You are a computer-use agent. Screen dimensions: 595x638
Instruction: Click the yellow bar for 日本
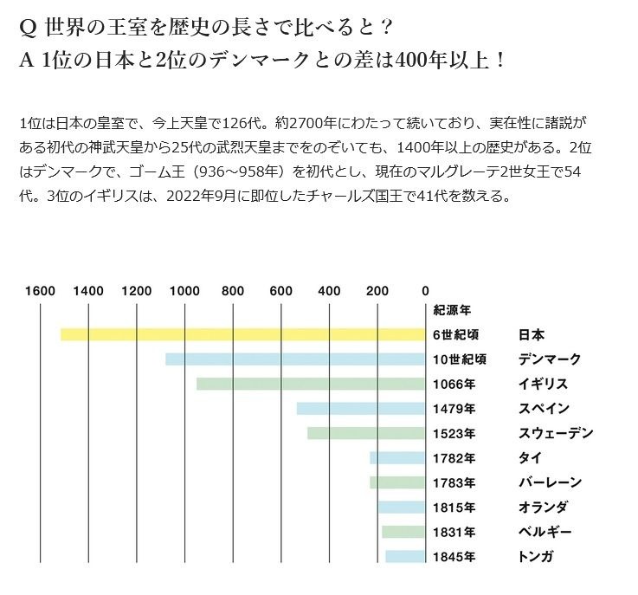click(x=242, y=334)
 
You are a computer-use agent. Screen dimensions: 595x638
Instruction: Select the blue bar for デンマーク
click(x=294, y=359)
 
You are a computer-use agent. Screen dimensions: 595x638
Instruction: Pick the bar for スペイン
click(x=360, y=409)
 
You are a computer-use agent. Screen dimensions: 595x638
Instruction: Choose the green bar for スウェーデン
click(x=365, y=433)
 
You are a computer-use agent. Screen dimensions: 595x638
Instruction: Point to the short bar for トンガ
click(x=404, y=556)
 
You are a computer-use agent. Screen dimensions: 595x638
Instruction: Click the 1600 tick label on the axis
click(x=41, y=291)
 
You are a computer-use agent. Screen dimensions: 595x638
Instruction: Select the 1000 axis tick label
click(x=184, y=291)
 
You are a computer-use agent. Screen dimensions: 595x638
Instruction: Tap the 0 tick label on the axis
click(x=425, y=291)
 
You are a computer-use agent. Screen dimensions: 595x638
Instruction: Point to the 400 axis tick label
click(x=329, y=291)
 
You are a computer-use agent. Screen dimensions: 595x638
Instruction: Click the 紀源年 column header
click(x=451, y=310)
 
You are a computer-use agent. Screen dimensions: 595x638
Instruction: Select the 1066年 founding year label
click(x=454, y=384)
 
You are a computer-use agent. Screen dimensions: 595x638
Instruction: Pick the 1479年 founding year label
click(x=454, y=409)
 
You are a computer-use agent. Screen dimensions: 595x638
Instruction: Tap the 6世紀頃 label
click(x=457, y=334)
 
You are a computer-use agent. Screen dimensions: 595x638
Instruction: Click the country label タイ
click(x=529, y=457)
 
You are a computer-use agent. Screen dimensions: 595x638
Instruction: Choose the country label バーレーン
click(x=550, y=482)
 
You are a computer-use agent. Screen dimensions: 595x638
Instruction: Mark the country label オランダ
click(x=544, y=507)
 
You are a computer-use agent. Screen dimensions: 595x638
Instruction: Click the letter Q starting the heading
click(x=27, y=27)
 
